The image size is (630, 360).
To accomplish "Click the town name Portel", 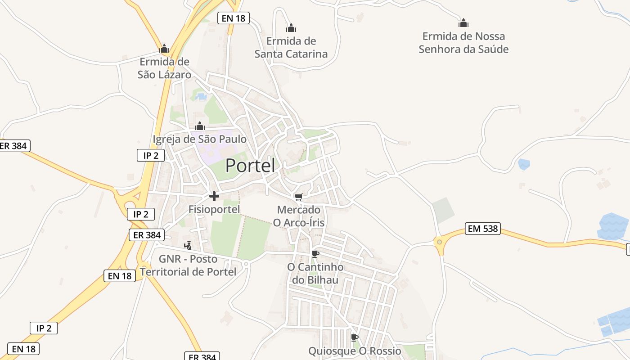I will (x=250, y=166).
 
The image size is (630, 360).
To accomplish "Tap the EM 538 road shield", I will (x=483, y=229).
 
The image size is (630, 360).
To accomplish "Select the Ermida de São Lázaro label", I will (x=164, y=68).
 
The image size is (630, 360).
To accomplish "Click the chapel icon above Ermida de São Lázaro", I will (x=164, y=49).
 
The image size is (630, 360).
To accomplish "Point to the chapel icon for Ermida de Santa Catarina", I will (x=291, y=28).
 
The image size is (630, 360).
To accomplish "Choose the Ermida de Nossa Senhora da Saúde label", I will (x=463, y=43).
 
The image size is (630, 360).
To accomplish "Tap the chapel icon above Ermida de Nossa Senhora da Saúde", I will (x=463, y=23).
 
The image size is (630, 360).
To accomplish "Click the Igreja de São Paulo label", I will (x=200, y=139).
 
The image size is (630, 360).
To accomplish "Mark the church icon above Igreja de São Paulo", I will (x=200, y=126).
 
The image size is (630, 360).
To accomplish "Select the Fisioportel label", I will (x=214, y=209).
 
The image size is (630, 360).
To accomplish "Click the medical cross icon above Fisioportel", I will (x=214, y=196).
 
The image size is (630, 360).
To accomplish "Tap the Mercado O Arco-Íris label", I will (x=299, y=216).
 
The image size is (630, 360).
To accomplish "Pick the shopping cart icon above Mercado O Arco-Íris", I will (x=298, y=197).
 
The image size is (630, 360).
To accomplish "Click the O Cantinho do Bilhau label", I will (x=315, y=274).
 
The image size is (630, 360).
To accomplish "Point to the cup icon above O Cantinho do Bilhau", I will (x=315, y=254).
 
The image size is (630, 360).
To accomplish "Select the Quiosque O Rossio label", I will (x=355, y=351).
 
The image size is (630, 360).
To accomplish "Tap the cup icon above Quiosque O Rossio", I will (x=355, y=337).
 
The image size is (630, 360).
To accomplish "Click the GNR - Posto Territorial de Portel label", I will (x=188, y=265).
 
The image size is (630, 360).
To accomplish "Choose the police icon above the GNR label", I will (x=188, y=245).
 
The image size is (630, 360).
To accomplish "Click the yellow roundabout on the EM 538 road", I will (x=439, y=242).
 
